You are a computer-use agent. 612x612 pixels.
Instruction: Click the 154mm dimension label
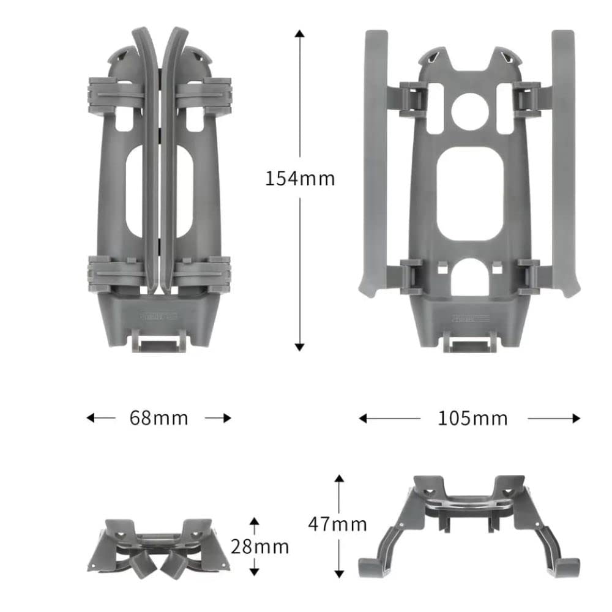300,178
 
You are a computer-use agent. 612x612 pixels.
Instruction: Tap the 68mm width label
159,418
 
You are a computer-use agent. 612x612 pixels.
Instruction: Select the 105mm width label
472,418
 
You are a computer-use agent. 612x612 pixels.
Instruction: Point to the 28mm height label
259,546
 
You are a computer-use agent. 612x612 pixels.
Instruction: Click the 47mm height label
337,524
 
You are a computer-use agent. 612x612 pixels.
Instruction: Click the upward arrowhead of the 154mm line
299,34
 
